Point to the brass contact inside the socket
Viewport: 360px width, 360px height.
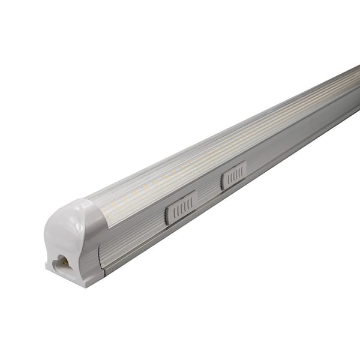click(x=62, y=262)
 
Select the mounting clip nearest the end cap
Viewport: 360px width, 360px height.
click(x=181, y=208)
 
